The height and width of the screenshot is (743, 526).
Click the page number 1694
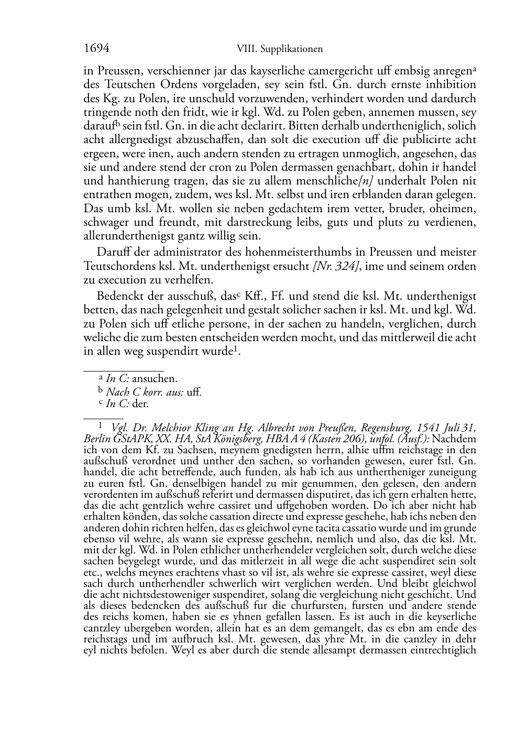[96, 49]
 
